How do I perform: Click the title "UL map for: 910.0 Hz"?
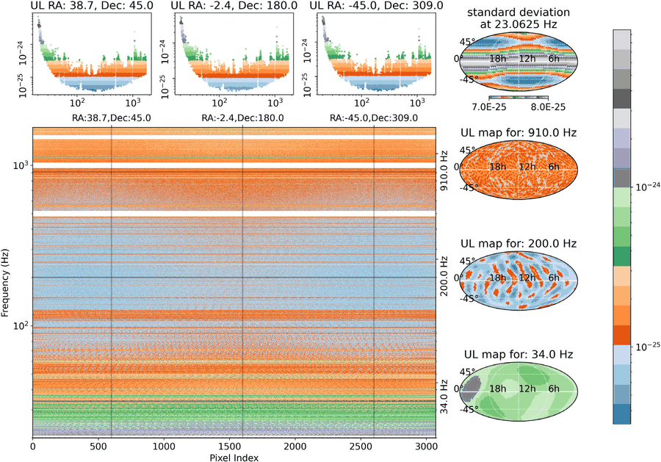coord(519,133)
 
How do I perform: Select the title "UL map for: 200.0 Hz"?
coord(519,244)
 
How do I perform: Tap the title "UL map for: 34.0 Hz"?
coord(519,355)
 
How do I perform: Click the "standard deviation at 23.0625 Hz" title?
coord(519,18)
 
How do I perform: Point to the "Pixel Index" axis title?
coord(234,458)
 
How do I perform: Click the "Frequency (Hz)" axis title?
coord(5,283)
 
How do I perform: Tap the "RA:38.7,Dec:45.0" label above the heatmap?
coord(112,118)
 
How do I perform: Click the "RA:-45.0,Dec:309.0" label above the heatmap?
coord(374,118)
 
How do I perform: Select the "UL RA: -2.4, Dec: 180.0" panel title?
coord(234,5)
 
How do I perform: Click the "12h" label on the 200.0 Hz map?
coord(527,278)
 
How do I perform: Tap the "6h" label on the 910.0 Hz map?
coord(554,167)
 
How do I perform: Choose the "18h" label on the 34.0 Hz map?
coord(497,389)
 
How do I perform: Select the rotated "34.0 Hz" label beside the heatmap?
coord(444,397)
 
